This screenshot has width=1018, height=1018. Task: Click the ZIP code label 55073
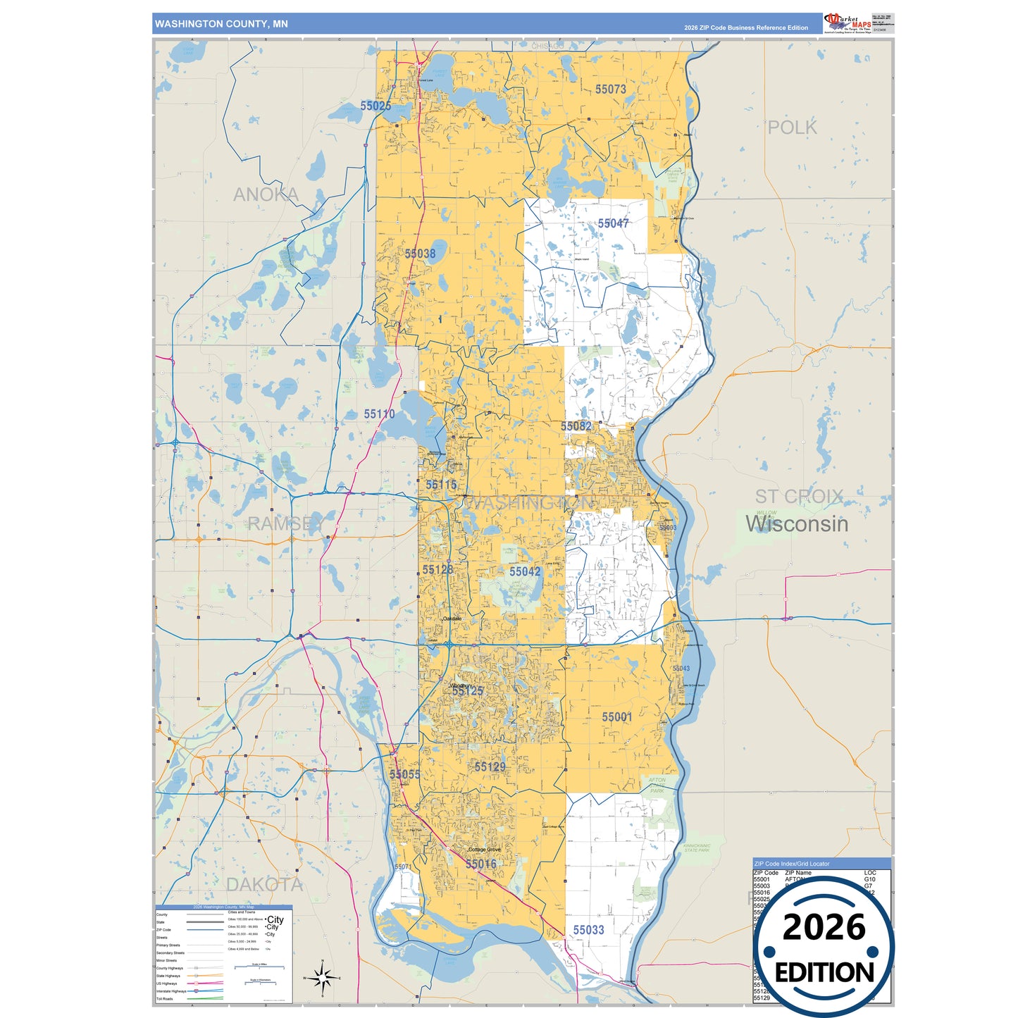[610, 89]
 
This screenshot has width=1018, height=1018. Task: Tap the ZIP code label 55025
[375, 106]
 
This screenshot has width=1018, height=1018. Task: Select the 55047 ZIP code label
[613, 223]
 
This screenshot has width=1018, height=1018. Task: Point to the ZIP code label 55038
[420, 254]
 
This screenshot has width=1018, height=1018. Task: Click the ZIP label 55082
[576, 426]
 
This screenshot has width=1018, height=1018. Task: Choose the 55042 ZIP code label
[525, 571]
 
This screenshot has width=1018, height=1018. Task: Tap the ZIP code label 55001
[616, 716]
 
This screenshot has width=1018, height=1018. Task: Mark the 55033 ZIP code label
[588, 930]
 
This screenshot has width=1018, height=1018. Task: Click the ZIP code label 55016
[481, 864]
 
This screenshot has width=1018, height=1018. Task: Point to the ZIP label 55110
[379, 414]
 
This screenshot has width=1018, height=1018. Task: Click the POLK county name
[792, 128]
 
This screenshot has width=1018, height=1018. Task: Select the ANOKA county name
[266, 194]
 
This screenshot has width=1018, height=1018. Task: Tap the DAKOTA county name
[264, 885]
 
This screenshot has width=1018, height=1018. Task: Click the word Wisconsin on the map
[797, 524]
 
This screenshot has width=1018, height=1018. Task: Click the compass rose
[322, 978]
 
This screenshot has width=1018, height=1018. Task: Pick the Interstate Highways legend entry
[171, 991]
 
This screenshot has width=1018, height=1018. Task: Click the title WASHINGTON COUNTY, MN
[221, 24]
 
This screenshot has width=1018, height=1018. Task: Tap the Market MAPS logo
[848, 23]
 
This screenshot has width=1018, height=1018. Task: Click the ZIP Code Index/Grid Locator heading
[791, 864]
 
